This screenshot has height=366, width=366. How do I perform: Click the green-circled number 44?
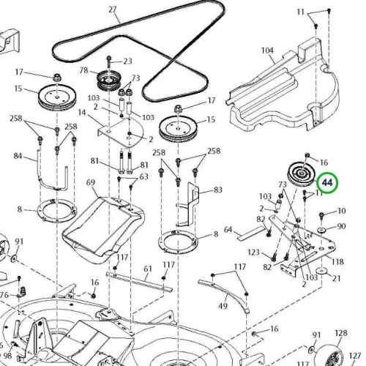point(327,182)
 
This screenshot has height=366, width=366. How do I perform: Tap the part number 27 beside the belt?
point(113,10)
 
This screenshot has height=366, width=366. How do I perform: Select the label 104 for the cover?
point(267,51)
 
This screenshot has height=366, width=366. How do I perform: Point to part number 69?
point(91,182)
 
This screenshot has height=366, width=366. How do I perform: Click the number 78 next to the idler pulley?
point(83,70)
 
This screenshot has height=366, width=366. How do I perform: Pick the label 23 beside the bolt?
point(127,61)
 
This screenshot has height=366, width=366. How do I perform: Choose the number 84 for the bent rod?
point(18,156)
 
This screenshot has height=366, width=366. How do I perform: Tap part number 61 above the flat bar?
point(148,269)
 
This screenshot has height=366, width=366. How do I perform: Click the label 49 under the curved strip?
point(223,305)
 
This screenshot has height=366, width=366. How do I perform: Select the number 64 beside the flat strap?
point(228,230)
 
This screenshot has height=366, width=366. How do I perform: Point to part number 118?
point(337,262)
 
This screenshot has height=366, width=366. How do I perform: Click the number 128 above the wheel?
point(341,333)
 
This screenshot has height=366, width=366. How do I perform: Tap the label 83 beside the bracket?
point(217,190)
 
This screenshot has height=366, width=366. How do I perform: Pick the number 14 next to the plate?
point(82,113)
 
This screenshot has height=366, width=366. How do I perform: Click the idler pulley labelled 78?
point(108,81)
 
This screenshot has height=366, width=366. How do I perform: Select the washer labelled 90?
point(321,230)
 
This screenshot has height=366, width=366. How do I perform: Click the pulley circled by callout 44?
point(302,173)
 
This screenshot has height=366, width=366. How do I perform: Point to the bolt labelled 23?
point(109,62)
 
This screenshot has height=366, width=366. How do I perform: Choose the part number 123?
point(253,252)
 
